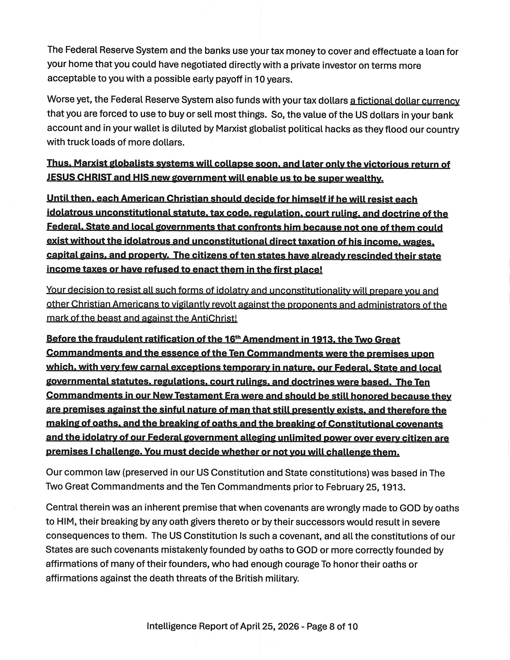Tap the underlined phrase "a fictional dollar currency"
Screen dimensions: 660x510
click(x=405, y=101)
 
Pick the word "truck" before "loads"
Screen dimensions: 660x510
click(x=78, y=142)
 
